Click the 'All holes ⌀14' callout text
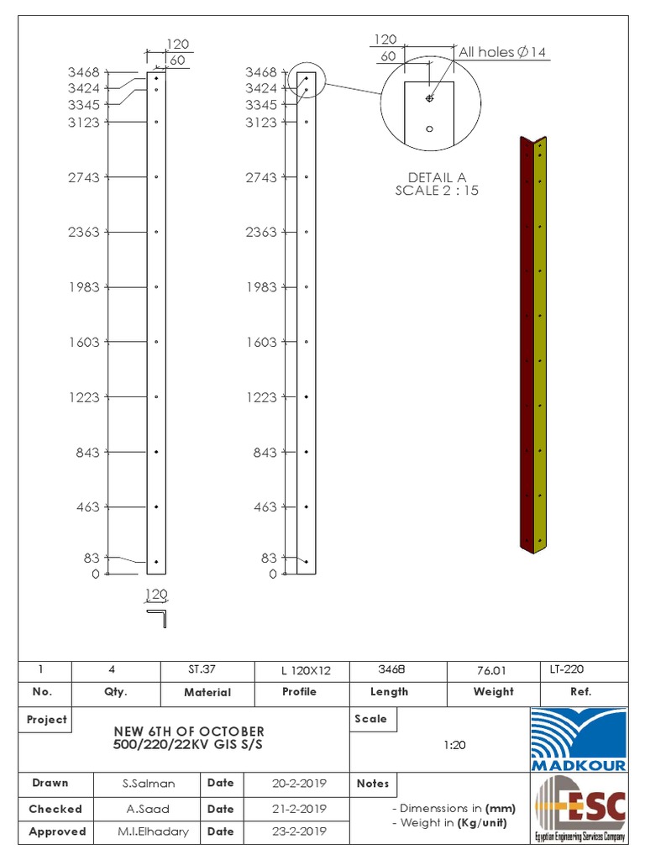[x=502, y=53]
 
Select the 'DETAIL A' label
[x=437, y=177]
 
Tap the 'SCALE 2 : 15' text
[x=437, y=190]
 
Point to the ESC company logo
[x=579, y=807]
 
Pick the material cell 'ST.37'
[x=201, y=669]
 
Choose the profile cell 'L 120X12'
[x=306, y=670]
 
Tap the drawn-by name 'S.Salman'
[x=148, y=784]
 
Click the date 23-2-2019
[x=300, y=831]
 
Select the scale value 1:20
[x=455, y=745]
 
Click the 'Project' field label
[x=47, y=720]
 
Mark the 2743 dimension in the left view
[x=84, y=177]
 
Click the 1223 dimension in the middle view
[x=261, y=397]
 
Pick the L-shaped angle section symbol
[x=159, y=618]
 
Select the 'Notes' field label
[x=373, y=784]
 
